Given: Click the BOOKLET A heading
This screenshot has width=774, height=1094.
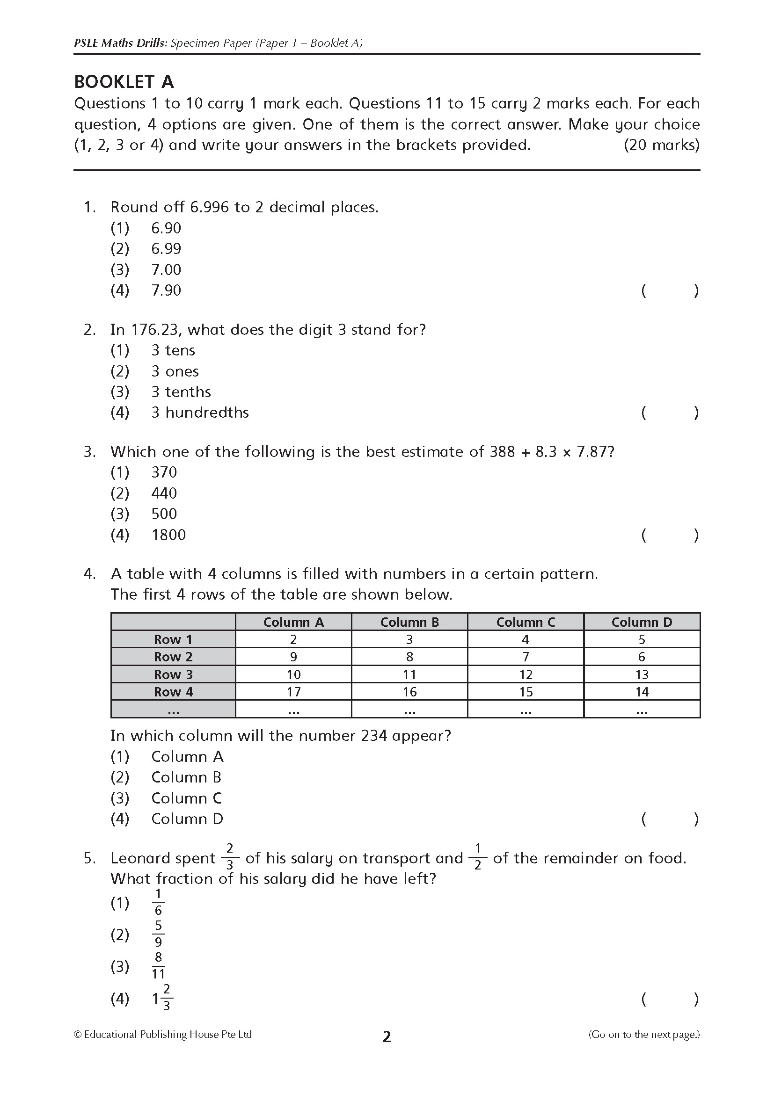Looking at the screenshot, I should click(124, 82).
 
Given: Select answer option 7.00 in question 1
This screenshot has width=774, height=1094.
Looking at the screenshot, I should click(166, 270).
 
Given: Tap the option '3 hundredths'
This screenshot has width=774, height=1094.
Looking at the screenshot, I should click(200, 413).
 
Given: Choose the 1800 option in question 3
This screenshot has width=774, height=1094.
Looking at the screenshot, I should click(168, 535).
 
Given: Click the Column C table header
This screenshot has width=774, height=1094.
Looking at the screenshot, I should click(526, 622).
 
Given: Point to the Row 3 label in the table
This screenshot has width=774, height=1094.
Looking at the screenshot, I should click(173, 675).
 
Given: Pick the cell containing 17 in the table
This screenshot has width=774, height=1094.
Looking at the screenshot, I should click(293, 692).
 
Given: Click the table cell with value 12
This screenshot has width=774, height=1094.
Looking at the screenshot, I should click(526, 675).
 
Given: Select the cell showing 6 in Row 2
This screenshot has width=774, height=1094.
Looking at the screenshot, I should click(642, 657).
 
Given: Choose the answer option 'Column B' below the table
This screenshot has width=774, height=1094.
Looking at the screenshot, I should click(186, 778).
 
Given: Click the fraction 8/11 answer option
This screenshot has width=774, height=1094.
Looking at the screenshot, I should click(158, 966).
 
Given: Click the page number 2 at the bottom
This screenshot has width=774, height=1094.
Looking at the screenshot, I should click(387, 1037).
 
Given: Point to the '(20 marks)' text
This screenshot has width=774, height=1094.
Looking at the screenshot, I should click(662, 145).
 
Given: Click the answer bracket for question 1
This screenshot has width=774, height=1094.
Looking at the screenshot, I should click(670, 290).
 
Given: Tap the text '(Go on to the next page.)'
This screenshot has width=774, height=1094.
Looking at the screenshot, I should click(644, 1035).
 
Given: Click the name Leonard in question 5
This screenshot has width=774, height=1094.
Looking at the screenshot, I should click(162, 859).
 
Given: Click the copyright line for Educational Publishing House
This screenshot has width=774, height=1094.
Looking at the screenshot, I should click(162, 1035).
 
